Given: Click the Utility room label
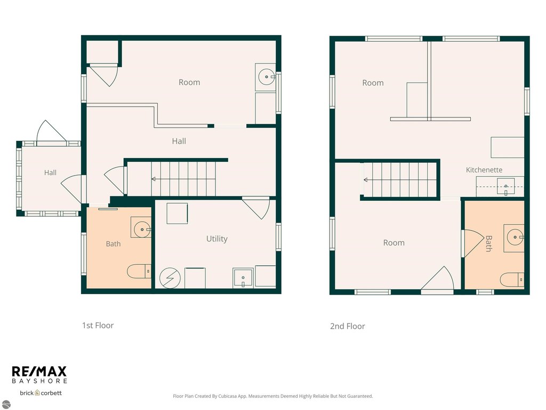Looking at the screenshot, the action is click(216, 239).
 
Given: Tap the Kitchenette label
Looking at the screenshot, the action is click(484, 170).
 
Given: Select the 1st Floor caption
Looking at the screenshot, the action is click(98, 325).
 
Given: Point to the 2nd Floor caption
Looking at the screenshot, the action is click(348, 326).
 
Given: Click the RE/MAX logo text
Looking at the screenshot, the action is click(39, 371).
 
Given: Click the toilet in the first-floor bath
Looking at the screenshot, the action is click(139, 271).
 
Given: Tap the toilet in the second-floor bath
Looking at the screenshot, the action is click(512, 280).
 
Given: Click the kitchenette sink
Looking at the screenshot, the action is click(505, 186).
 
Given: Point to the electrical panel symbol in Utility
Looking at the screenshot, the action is click(170, 278).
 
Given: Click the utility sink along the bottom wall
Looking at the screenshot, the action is click(243, 278).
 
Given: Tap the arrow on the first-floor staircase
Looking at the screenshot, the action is click(183, 179).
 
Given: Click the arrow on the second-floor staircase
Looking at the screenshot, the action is click(400, 180).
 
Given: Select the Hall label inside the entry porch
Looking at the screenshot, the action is click(50, 172).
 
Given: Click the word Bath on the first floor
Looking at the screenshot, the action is click(113, 243).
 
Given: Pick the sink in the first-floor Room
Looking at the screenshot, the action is click(267, 77).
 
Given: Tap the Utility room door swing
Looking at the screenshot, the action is click(258, 209).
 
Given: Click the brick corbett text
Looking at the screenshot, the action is click(41, 393).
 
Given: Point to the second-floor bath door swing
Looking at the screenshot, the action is click(473, 243).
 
